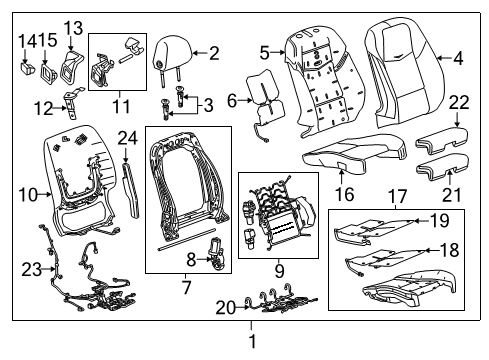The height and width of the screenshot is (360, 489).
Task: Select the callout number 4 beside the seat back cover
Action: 457,59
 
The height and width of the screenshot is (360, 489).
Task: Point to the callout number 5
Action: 264,52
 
